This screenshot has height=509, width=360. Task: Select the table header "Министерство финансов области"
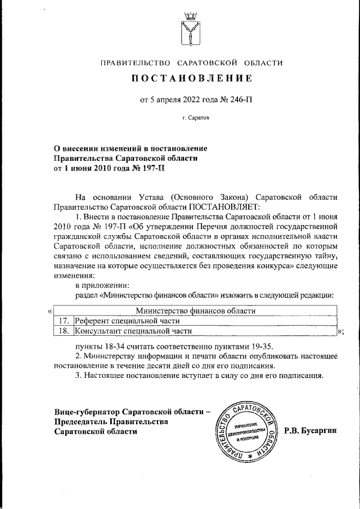point(196,310)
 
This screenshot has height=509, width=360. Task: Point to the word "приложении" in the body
point(111,285)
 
